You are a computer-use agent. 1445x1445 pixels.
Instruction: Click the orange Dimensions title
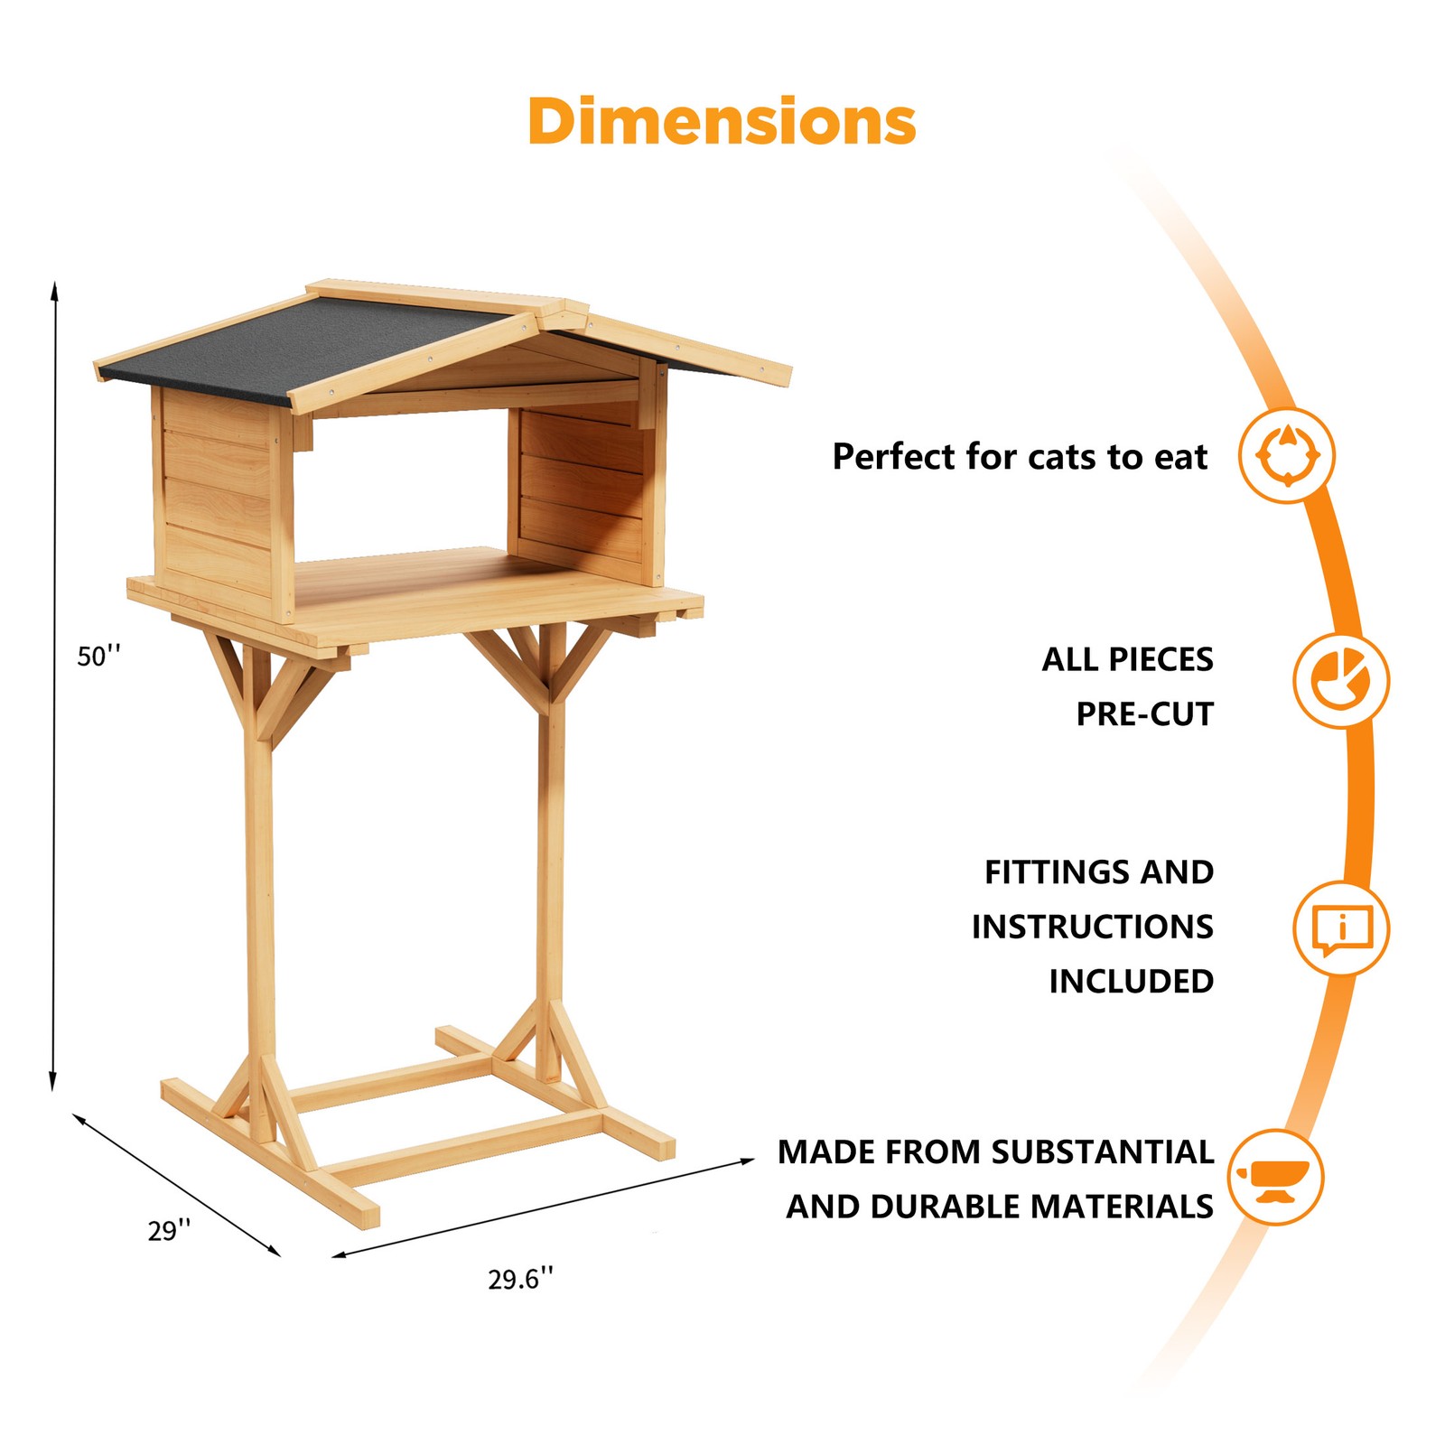pyautogui.click(x=722, y=122)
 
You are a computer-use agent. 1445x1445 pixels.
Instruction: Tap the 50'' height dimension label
pyautogui.click(x=98, y=657)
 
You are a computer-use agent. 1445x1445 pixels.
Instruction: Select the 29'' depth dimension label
pyautogui.click(x=169, y=1230)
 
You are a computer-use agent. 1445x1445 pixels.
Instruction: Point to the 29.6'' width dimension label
pyautogui.click(x=520, y=1279)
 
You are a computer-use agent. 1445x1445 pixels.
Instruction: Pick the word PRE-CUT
pyautogui.click(x=1144, y=714)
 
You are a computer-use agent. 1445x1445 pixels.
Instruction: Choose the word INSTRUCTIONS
pyautogui.click(x=1092, y=927)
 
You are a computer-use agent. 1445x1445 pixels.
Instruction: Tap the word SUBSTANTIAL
pyautogui.click(x=1102, y=1152)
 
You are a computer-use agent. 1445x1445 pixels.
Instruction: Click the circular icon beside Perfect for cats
pyautogui.click(x=1287, y=455)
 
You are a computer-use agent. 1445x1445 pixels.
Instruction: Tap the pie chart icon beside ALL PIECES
pyautogui.click(x=1341, y=681)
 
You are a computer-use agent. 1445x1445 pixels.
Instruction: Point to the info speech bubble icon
pyautogui.click(x=1341, y=929)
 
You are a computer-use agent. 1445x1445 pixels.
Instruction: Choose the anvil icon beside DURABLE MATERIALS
pyautogui.click(x=1275, y=1178)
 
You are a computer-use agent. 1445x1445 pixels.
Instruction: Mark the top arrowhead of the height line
pyautogui.click(x=54, y=287)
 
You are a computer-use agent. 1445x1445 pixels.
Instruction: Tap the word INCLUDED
pyautogui.click(x=1131, y=982)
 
